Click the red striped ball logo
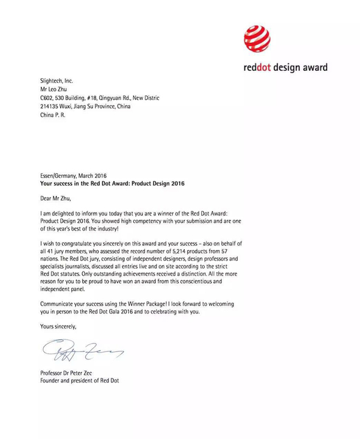(x=257, y=38)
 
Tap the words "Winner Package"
(x=155, y=303)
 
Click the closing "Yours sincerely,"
(x=58, y=326)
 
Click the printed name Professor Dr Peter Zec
(x=70, y=373)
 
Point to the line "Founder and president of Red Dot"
(x=79, y=381)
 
